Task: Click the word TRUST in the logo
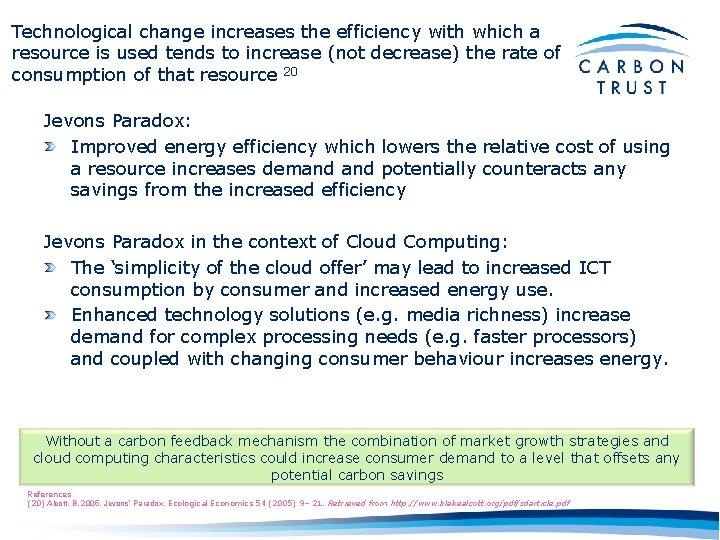(x=632, y=87)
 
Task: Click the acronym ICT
(x=595, y=267)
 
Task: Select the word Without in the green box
(x=73, y=441)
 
